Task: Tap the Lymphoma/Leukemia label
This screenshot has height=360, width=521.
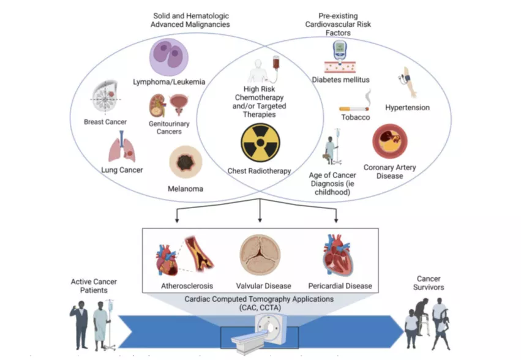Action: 169,81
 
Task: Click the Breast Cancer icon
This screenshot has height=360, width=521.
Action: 105,98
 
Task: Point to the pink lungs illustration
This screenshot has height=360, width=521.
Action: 122,149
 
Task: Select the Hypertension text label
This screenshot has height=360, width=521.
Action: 407,108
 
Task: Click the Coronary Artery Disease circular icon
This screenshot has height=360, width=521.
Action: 390,141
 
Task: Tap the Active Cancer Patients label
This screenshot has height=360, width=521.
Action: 94,286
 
